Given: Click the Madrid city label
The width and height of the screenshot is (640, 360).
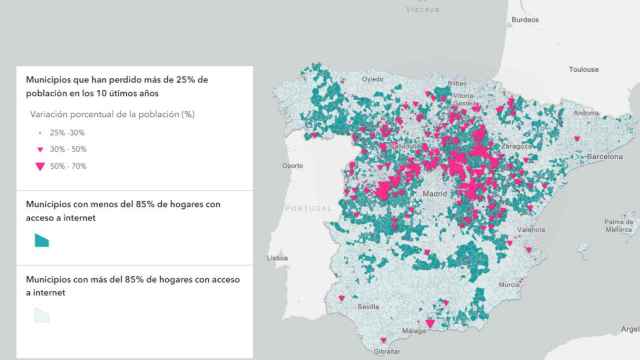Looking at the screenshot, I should tap(435, 193).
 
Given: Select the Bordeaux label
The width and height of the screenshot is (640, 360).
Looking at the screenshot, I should tap(524, 19).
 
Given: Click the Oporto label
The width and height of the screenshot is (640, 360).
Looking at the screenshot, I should tap(294, 165).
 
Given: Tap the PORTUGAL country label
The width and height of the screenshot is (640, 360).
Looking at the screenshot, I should tap(308, 208).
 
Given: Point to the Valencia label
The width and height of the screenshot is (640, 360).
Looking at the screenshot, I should tap(531, 229).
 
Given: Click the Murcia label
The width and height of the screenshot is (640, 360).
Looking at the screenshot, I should tap(510, 284).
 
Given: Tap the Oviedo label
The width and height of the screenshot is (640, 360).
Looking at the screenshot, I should tap(373, 78).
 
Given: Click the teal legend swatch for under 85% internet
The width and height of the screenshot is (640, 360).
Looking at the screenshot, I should tap(41, 239).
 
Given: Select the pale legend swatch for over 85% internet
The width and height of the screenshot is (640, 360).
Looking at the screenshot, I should tap(41, 316).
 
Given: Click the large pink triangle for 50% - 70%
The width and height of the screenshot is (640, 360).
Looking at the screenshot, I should tap(40, 166).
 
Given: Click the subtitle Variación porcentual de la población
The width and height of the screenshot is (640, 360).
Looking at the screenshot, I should tap(112, 114).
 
